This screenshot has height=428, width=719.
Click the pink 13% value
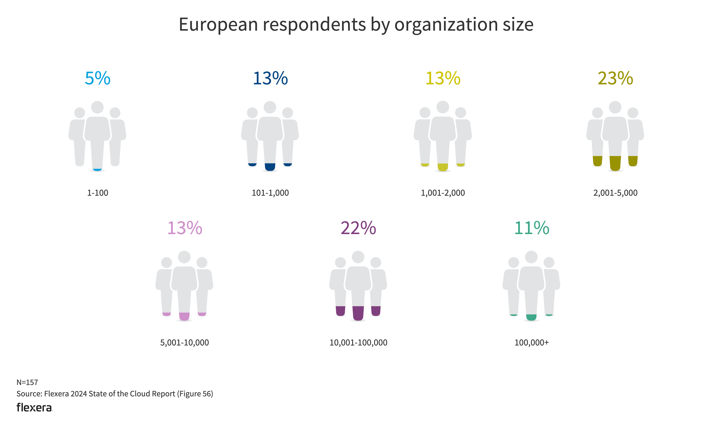click(185, 228)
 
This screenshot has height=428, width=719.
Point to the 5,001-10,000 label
click(184, 343)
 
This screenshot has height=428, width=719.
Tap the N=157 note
click(27, 382)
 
